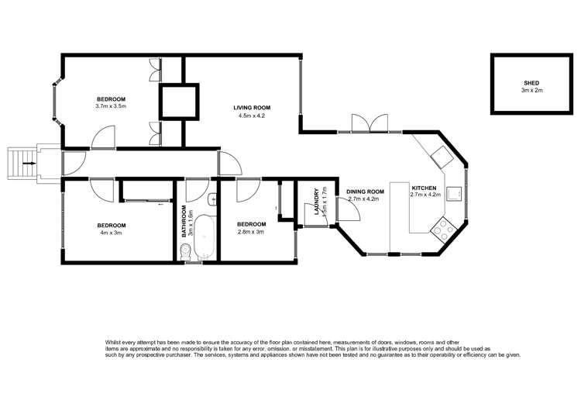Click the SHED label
531,82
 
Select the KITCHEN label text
425,188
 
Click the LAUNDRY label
315,198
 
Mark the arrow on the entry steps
29,164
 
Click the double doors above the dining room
369,123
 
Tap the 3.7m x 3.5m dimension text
111,107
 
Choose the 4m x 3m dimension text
111,233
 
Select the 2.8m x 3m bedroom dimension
250,232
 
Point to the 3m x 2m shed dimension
531,91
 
